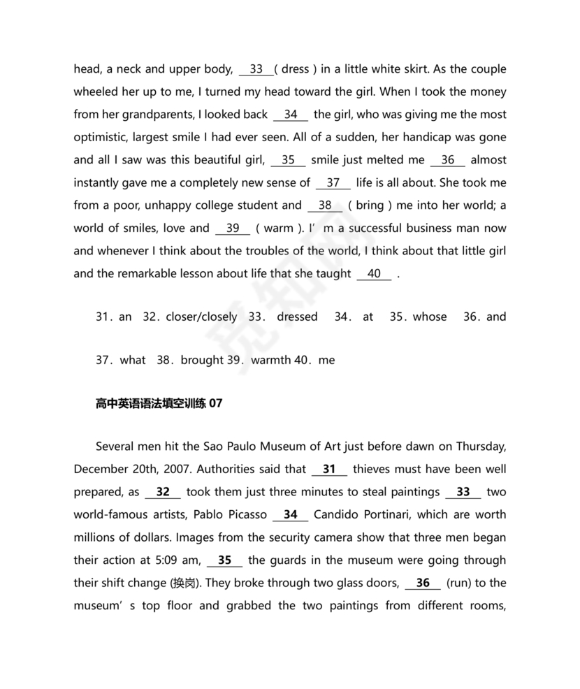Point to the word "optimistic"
[101, 137]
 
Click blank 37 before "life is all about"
[333, 183]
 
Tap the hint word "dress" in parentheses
[295, 69]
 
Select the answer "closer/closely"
[201, 317]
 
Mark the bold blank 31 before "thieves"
[329, 470]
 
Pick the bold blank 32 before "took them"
[163, 492]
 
